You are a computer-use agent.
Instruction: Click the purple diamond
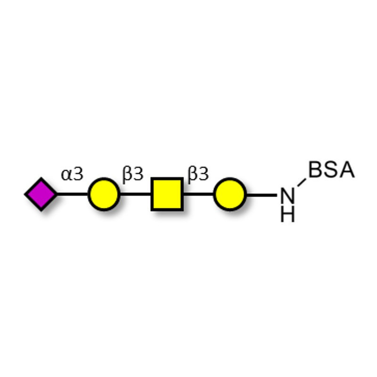pyautogui.click(x=41, y=194)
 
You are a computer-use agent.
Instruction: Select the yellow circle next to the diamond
pyautogui.click(x=104, y=194)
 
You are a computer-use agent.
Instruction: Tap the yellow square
pyautogui.click(x=167, y=194)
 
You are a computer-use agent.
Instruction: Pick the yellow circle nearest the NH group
pyautogui.click(x=230, y=194)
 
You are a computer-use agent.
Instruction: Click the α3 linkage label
pyautogui.click(x=72, y=174)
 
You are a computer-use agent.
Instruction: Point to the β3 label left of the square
pyautogui.click(x=133, y=174)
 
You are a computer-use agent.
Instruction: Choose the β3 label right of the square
pyautogui.click(x=198, y=174)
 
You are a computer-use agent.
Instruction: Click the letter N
pyautogui.click(x=287, y=196)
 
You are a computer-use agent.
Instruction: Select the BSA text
pyautogui.click(x=332, y=170)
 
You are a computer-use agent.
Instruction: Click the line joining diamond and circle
pyautogui.click(x=73, y=194)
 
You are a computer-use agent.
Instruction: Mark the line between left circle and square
pyautogui.click(x=135, y=194)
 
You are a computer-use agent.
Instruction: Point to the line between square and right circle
pyautogui.click(x=198, y=194)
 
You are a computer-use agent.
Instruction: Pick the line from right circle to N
pyautogui.click(x=262, y=195)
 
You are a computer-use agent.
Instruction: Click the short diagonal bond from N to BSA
pyautogui.click(x=302, y=182)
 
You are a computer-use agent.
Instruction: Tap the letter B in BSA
pyautogui.click(x=315, y=170)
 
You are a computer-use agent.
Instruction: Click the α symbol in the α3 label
pyautogui.click(x=66, y=175)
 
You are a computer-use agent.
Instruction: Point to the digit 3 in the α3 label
pyautogui.click(x=78, y=174)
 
